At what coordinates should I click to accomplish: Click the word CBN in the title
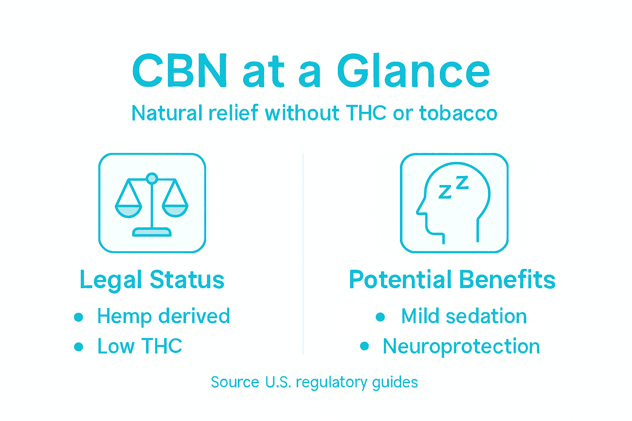[x=180, y=71]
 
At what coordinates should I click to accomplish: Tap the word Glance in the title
[x=413, y=71]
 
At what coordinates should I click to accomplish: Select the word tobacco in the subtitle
[x=458, y=113]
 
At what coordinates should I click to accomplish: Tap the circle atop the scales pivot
[x=152, y=178]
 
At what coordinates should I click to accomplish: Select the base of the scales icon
[x=151, y=233]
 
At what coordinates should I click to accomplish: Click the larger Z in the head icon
[x=462, y=183]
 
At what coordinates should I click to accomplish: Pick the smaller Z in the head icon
[x=445, y=192]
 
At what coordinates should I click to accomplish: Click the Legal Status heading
[x=152, y=280]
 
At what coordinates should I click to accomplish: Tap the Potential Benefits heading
[x=452, y=280]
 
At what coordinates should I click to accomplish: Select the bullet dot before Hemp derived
[x=79, y=317]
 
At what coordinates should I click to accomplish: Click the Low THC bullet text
[x=140, y=346]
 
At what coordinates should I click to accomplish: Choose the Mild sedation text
[x=464, y=317]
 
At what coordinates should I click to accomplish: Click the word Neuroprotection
[x=461, y=346]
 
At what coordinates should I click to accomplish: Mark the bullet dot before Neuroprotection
[x=364, y=346]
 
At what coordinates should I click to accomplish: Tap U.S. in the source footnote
[x=278, y=382]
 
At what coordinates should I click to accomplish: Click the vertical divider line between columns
[x=303, y=255]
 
